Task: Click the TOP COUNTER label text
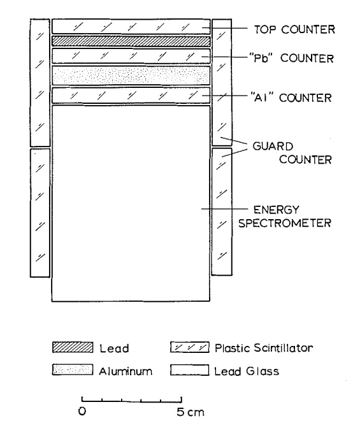point(294,29)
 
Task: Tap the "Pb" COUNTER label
point(292,58)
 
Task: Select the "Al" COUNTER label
point(291,97)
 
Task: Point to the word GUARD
point(273,147)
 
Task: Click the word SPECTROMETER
point(285,223)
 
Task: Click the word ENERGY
point(276,210)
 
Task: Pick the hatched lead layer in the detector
point(131,41)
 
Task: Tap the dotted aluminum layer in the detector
point(131,75)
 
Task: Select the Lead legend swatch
point(73,347)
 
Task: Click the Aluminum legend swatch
point(73,369)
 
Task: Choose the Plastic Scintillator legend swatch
point(190,347)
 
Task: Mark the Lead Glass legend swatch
point(190,369)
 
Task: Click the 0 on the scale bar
point(82,411)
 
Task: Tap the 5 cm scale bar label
point(191,412)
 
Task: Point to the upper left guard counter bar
point(40,83)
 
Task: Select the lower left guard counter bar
point(40,213)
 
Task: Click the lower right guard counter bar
point(222,211)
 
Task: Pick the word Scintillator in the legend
point(284,348)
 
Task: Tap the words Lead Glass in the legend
point(247,371)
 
